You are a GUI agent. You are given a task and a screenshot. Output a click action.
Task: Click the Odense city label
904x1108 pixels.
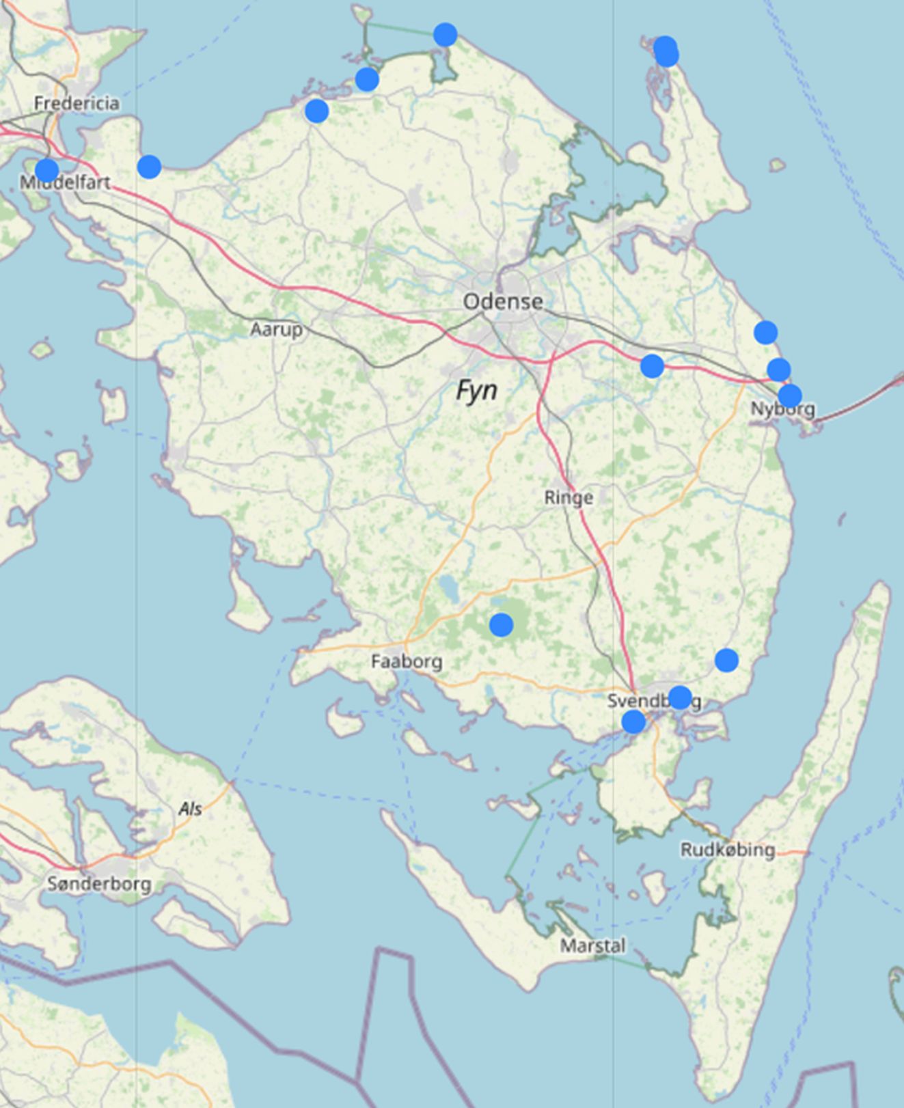coord(503,301)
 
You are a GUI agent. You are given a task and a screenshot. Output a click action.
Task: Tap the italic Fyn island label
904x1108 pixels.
coord(476,391)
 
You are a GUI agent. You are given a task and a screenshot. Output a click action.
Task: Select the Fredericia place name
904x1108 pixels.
coord(77,103)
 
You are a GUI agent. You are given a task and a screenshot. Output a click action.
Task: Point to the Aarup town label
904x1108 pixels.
coord(276,329)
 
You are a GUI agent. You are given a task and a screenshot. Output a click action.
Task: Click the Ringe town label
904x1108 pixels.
coord(569,497)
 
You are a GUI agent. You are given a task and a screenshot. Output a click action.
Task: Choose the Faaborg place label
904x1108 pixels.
coord(407,661)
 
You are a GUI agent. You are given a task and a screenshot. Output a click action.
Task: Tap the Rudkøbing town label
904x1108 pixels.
coord(728,850)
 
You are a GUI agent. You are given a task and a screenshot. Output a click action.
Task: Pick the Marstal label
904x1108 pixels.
coord(592,945)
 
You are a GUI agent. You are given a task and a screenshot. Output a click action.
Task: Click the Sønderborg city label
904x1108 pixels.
coord(99,884)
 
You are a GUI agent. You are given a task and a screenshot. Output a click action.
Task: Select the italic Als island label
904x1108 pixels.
coord(190,809)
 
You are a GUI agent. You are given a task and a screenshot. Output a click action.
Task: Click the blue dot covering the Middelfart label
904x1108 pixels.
coord(46,169)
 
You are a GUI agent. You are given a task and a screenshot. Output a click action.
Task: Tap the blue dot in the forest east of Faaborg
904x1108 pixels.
coord(501,624)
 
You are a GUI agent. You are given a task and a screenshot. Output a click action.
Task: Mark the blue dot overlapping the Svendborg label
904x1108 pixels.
coord(679,697)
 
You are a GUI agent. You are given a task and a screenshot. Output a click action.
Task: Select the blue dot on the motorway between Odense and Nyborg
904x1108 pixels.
coord(652,365)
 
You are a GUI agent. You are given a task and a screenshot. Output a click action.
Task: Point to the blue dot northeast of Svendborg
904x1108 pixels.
coord(726,660)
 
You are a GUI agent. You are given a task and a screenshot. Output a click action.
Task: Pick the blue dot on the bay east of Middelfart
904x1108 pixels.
coord(149,166)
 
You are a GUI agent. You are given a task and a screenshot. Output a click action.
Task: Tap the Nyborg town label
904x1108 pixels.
coord(782,409)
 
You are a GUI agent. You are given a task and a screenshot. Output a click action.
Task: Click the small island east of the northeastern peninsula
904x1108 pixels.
coord(777,165)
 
